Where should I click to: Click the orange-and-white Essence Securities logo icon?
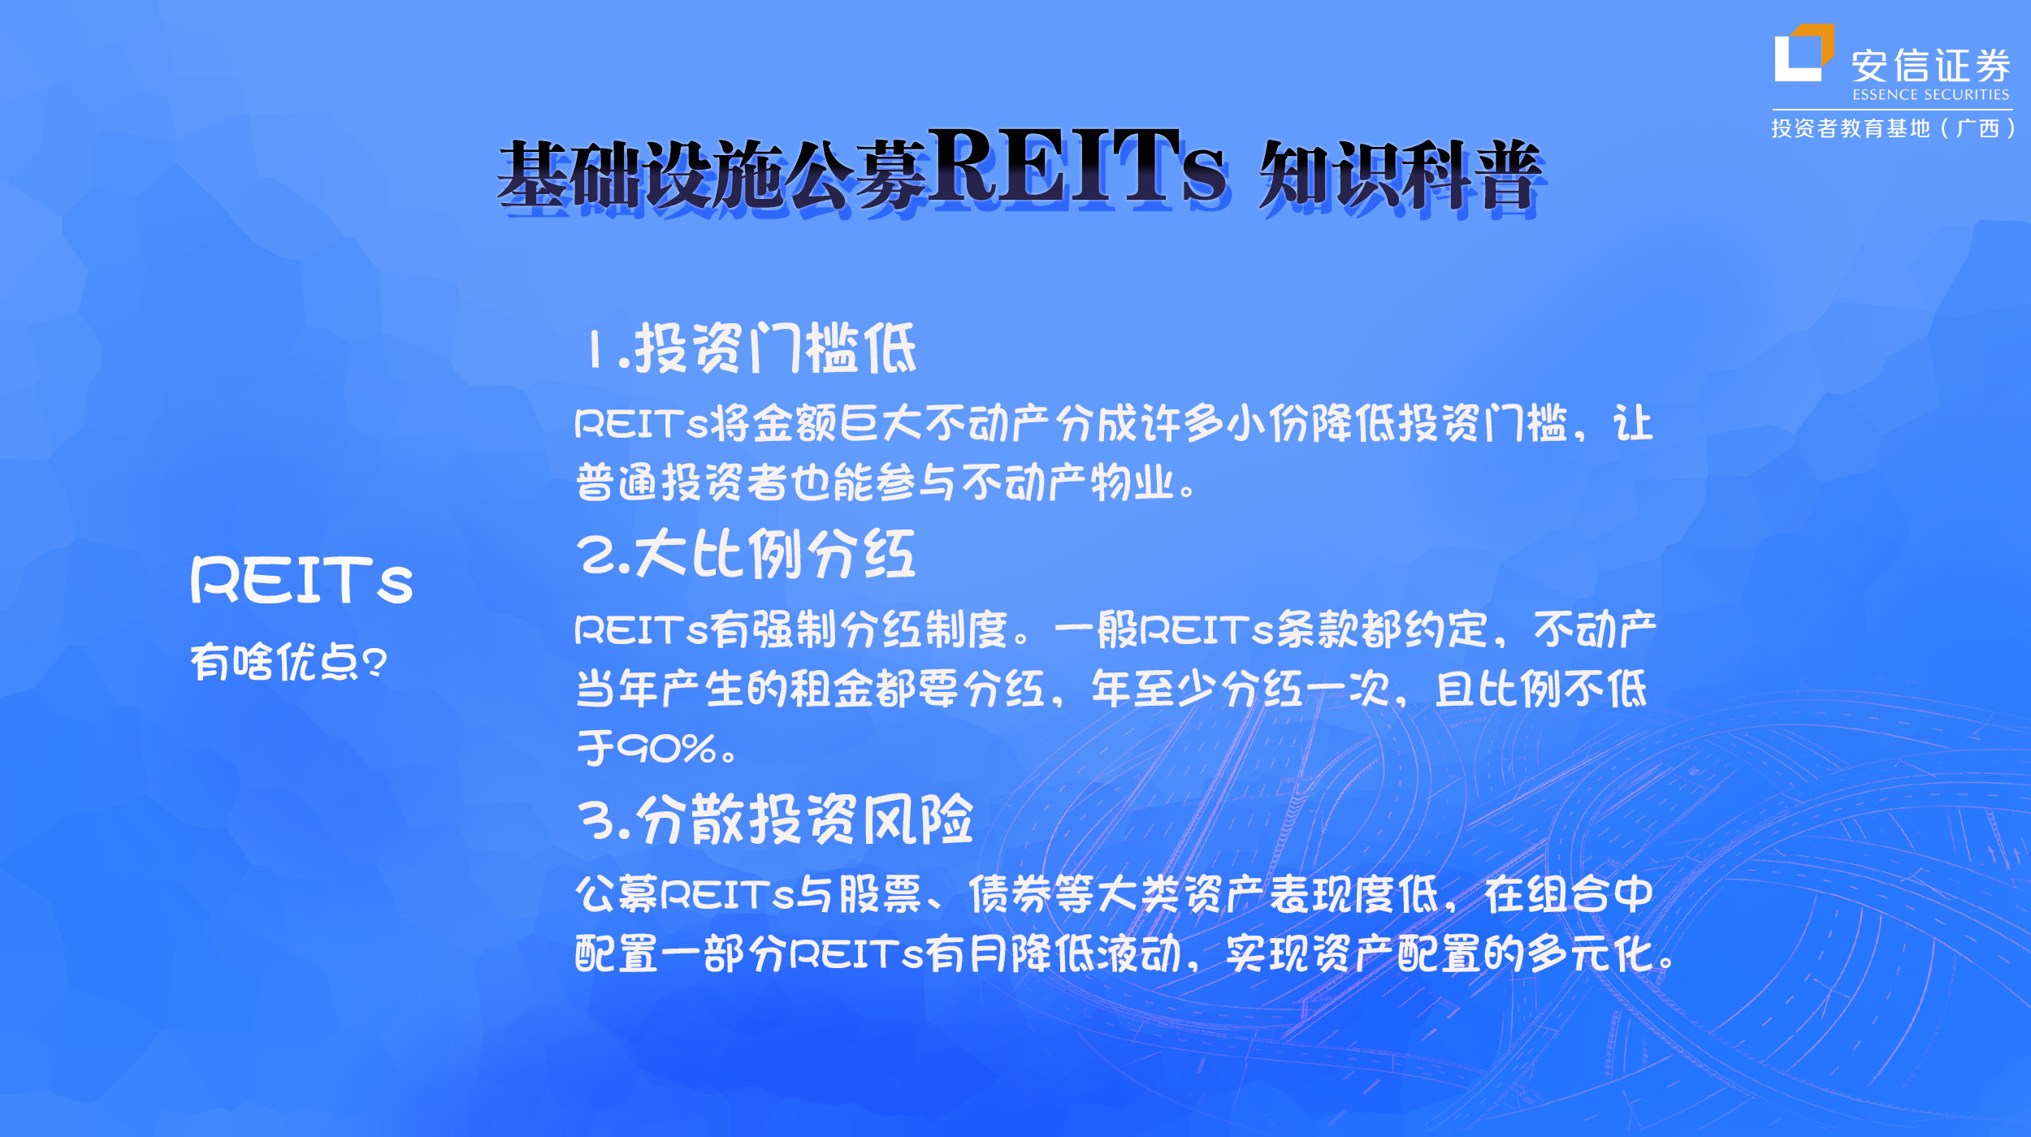pyautogui.click(x=1804, y=54)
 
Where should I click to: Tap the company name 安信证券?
pyautogui.click(x=1931, y=66)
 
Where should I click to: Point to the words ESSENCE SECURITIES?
pyautogui.click(x=1931, y=95)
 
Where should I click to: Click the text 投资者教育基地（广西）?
pyautogui.click(x=1893, y=128)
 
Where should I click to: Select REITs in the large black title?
pyautogui.click(x=1076, y=166)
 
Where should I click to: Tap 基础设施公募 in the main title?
pyautogui.click(x=712, y=175)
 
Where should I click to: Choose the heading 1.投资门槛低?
pyautogui.click(x=752, y=348)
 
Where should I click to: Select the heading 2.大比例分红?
pyautogui.click(x=747, y=554)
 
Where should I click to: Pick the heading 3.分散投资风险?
pyautogui.click(x=776, y=820)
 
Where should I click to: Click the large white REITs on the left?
pyautogui.click(x=302, y=581)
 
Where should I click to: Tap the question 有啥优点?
pyautogui.click(x=288, y=662)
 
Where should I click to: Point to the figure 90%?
pyautogui.click(x=666, y=748)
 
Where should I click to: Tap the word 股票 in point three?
pyautogui.click(x=881, y=895)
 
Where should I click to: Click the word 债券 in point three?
pyautogui.click(x=1011, y=895)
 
